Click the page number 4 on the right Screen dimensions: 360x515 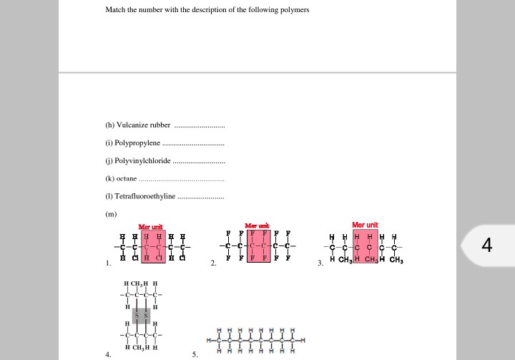click(x=487, y=245)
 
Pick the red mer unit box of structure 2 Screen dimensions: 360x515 click(x=258, y=246)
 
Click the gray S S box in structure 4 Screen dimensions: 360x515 click(x=141, y=315)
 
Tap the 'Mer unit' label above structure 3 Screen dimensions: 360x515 click(x=365, y=225)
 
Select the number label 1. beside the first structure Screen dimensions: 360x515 click(x=108, y=263)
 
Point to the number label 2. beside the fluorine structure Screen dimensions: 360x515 click(x=213, y=263)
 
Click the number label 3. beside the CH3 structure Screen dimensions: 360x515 click(x=320, y=263)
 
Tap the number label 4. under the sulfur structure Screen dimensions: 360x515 click(x=108, y=354)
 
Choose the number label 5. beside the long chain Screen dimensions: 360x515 click(x=195, y=354)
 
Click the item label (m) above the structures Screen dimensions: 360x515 click(x=111, y=213)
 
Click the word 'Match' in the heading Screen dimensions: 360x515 click(x=115, y=10)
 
